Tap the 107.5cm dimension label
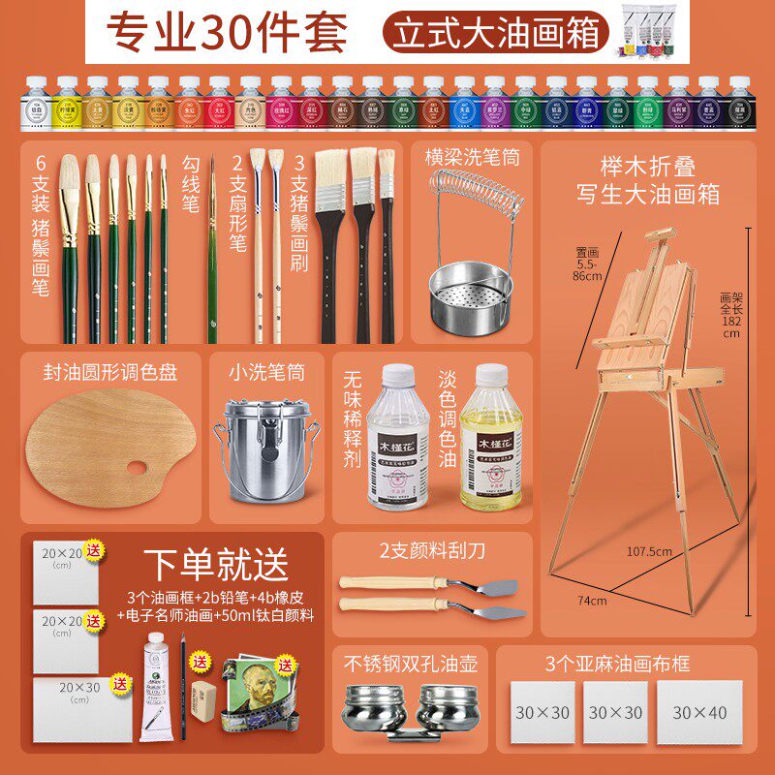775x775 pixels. tap(648, 551)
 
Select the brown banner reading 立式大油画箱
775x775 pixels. tap(494, 32)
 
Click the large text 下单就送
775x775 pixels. tap(216, 561)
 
